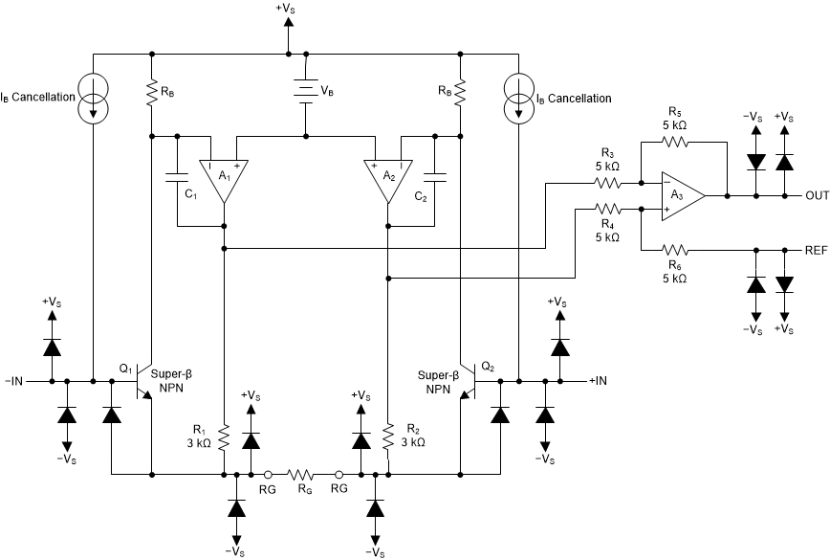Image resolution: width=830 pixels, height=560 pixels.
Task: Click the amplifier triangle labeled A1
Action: tap(223, 177)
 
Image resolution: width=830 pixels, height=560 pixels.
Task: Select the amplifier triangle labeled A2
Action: tap(387, 177)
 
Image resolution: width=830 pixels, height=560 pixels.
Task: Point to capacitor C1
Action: tap(177, 177)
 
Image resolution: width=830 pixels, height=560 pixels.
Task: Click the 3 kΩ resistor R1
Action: tap(223, 437)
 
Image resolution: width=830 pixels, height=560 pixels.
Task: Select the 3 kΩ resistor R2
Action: tap(387, 437)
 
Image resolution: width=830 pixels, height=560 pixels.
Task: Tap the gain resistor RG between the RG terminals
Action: tap(304, 473)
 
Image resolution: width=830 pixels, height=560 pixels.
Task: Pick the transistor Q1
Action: tap(143, 381)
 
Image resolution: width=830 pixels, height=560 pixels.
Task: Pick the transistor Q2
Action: tap(469, 381)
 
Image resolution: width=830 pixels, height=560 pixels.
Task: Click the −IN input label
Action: tap(15, 381)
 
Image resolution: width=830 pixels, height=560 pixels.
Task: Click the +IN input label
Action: tap(597, 381)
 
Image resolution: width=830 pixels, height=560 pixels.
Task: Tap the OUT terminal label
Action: tap(816, 195)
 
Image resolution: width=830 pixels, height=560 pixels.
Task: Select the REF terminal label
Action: tap(816, 249)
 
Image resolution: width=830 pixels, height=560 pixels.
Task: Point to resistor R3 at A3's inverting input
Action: tap(608, 182)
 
